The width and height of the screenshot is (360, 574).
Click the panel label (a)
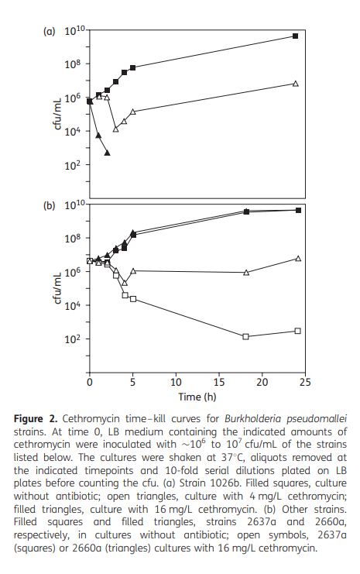pyautogui.click(x=49, y=32)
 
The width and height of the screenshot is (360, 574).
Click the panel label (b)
pyautogui.click(x=49, y=206)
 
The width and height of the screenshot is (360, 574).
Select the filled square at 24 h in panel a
pyautogui.click(x=296, y=36)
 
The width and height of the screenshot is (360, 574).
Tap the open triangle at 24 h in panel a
pyautogui.click(x=296, y=83)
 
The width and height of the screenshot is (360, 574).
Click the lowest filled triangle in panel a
pyautogui.click(x=107, y=153)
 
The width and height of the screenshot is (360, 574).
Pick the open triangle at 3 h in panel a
pyautogui.click(x=115, y=129)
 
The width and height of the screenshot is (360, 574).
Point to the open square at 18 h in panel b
pyautogui.click(x=245, y=336)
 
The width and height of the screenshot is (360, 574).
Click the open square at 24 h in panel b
pyautogui.click(x=297, y=331)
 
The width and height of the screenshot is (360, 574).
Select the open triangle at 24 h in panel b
pyautogui.click(x=297, y=258)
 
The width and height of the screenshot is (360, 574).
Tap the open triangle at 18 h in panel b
pyautogui.click(x=245, y=273)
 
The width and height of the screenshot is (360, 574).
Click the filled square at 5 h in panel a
pyautogui.click(x=132, y=68)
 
